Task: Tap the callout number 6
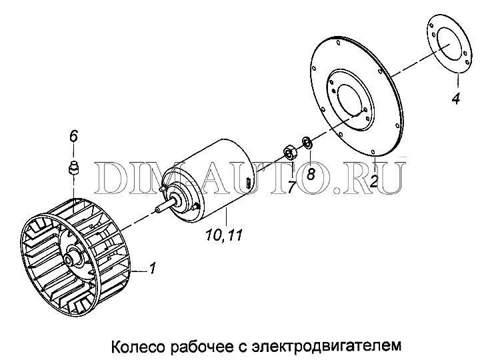tap(73, 136)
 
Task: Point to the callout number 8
tap(311, 174)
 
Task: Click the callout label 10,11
tap(224, 235)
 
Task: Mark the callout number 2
tap(374, 181)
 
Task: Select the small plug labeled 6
tap(73, 168)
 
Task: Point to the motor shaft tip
tap(157, 210)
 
